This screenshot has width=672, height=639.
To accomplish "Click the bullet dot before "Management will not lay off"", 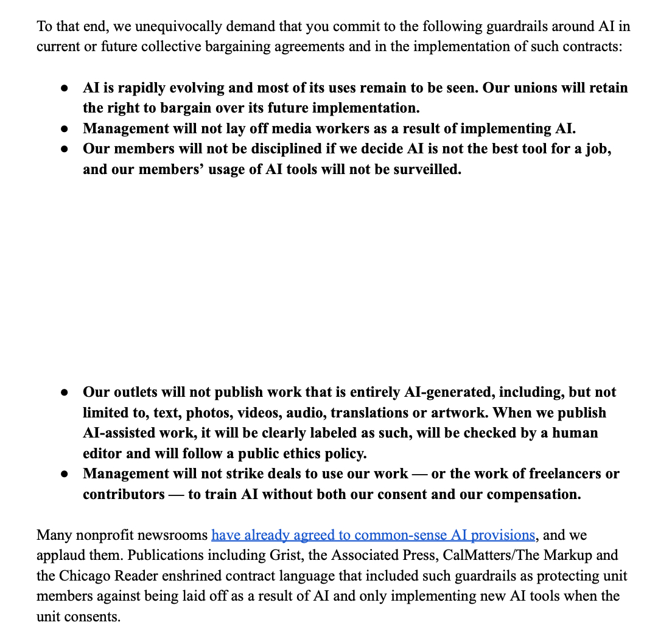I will (x=64, y=129).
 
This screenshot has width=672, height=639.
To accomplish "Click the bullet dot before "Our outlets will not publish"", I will (x=64, y=393).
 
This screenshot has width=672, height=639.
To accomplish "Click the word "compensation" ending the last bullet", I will (x=535, y=494).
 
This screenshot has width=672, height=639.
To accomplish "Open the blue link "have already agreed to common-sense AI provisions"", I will (x=373, y=536).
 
